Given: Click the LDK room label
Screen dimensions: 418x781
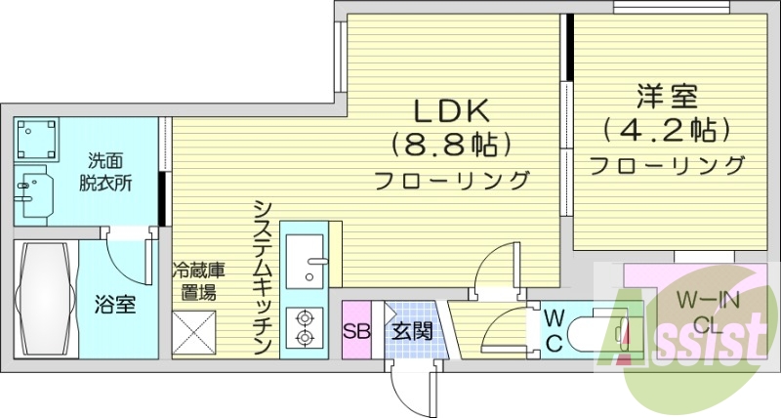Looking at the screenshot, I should tap(451, 110).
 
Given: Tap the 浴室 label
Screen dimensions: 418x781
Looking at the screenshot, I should tap(114, 304).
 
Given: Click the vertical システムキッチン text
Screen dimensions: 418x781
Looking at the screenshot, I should tap(262, 277).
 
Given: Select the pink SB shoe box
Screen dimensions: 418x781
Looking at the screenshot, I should tap(356, 330).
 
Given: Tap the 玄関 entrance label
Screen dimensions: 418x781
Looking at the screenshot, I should tap(413, 330).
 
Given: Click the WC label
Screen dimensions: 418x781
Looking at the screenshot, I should tap(553, 330).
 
